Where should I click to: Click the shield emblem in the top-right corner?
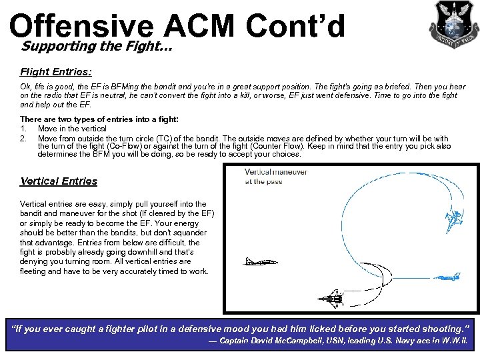(x=453, y=24)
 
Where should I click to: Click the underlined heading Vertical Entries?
(x=59, y=181)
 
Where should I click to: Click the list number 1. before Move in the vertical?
(x=23, y=128)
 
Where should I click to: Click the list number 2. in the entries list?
(x=23, y=137)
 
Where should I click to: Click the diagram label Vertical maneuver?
(x=275, y=171)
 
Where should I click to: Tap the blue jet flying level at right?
(x=450, y=276)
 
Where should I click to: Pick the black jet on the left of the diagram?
(x=261, y=261)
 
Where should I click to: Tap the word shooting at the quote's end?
(x=441, y=329)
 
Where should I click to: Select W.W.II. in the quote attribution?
(x=454, y=342)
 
